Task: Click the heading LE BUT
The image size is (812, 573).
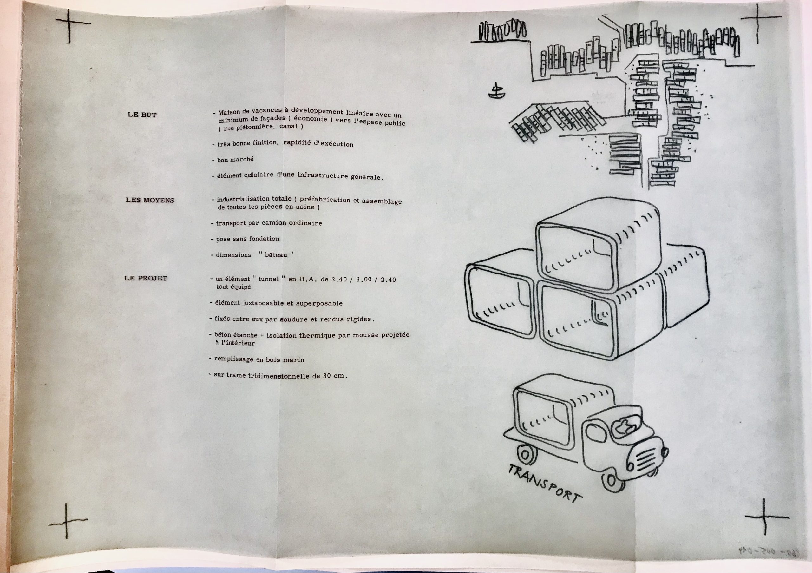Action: (x=142, y=115)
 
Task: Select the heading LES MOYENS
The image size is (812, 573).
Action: (x=150, y=200)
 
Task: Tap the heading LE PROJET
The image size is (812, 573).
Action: (x=145, y=278)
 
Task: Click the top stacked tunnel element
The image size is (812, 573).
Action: (x=598, y=246)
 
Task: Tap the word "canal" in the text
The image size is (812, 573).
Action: (x=288, y=127)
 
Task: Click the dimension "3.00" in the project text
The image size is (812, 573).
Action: (x=363, y=280)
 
